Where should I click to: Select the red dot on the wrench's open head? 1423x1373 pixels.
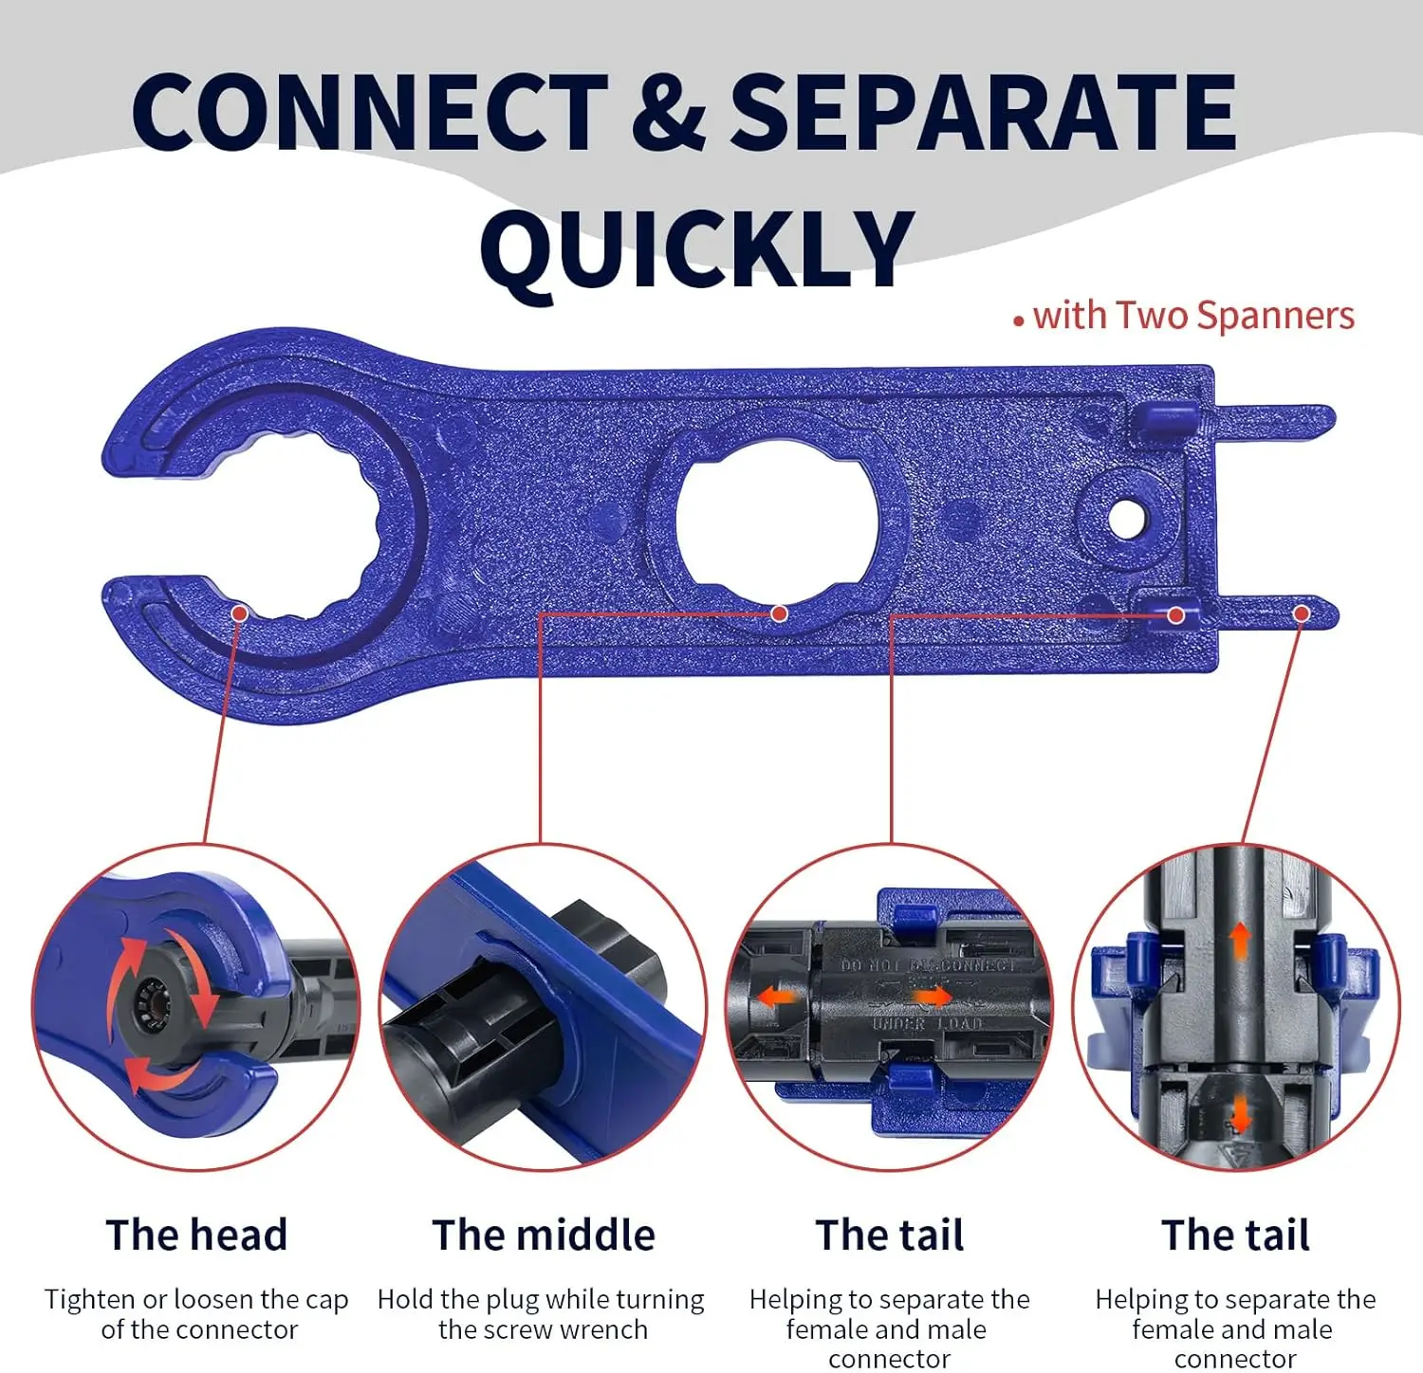coord(239,613)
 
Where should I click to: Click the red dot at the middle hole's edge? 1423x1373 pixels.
coord(779,613)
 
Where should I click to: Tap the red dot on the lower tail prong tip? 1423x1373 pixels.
coord(1302,614)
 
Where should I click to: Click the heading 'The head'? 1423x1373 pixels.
coord(197,1235)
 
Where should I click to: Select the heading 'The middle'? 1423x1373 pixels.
coord(544,1235)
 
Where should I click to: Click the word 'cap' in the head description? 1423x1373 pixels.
coord(325,1301)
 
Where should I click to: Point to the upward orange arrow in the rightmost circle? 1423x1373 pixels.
coord(1239,943)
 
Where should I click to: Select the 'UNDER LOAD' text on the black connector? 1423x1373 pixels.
coord(927,1024)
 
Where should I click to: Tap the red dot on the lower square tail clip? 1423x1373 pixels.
coord(1176,614)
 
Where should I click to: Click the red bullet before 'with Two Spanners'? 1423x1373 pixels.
coord(1019,322)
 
